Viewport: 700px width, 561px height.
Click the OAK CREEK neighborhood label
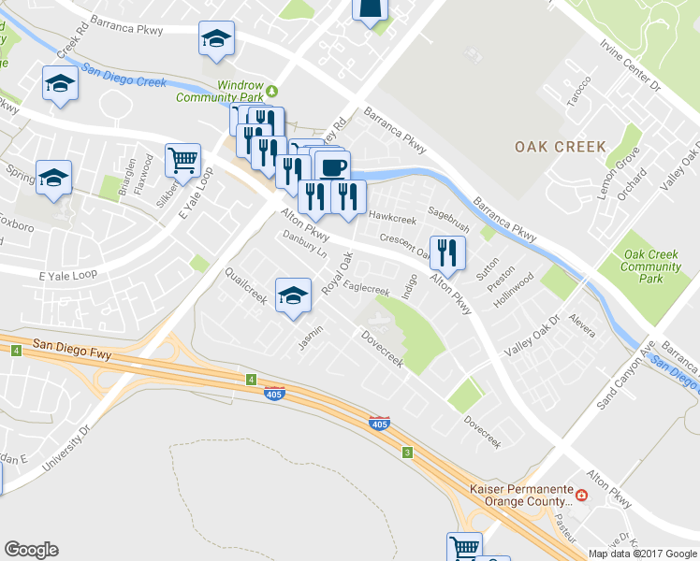560,147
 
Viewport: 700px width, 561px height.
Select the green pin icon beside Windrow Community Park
272,91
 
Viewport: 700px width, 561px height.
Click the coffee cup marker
331,168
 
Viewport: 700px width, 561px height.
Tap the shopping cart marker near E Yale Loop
183,160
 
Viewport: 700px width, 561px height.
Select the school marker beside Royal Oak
293,296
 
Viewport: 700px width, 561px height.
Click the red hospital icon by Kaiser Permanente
581,495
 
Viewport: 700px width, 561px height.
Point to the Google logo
31,550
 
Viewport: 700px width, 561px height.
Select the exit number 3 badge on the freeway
407,453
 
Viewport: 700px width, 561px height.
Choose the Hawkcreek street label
392,218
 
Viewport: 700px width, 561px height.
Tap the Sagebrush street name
448,220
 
